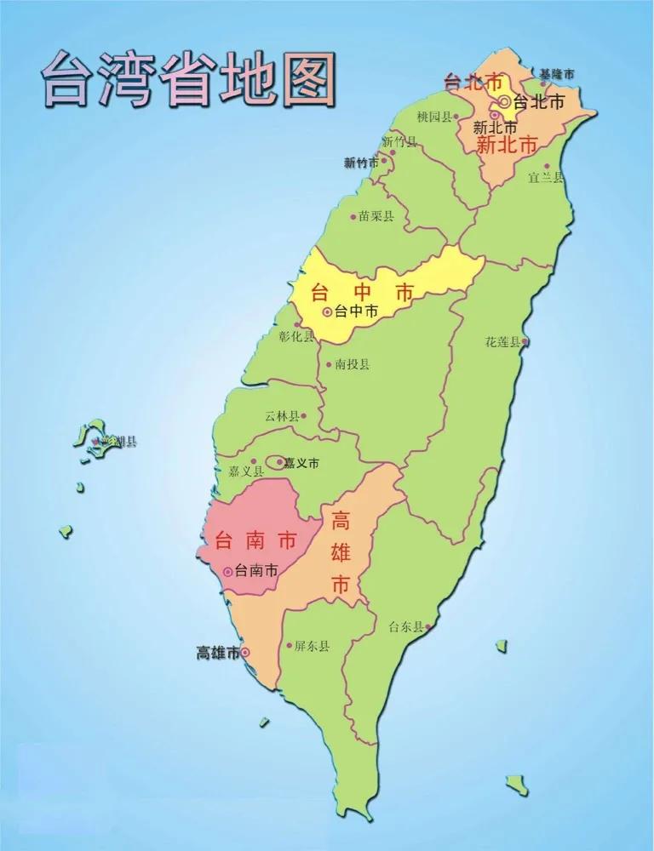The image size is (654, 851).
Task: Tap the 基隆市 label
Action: click(x=556, y=75)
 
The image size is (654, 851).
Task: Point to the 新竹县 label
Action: click(x=399, y=140)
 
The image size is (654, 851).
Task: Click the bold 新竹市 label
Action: click(x=361, y=163)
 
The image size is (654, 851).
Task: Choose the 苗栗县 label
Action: click(x=376, y=217)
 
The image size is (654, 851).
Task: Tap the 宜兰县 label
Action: click(x=546, y=178)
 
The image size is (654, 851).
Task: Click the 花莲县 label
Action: click(x=502, y=342)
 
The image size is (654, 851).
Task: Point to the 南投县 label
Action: click(x=353, y=364)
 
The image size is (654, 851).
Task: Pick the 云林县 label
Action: click(x=282, y=416)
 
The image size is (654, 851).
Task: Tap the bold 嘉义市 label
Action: click(x=301, y=464)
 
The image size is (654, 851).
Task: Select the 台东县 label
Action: click(x=405, y=627)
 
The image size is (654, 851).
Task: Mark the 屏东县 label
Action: click(x=312, y=647)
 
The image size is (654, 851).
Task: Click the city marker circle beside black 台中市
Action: click(x=326, y=312)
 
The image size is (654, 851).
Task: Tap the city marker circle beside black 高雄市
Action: click(x=245, y=653)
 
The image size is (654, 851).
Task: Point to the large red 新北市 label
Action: click(x=508, y=146)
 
